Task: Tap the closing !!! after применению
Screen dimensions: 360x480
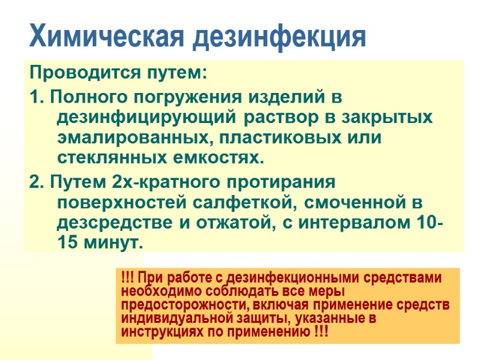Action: (x=321, y=331)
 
